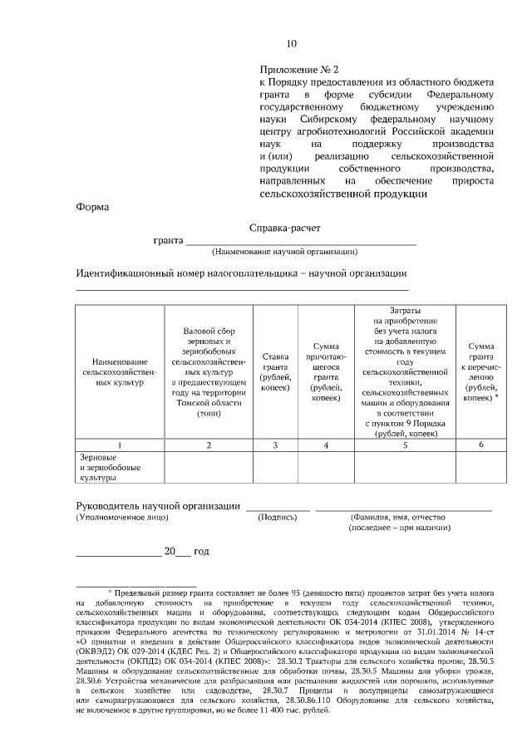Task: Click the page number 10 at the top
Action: pos(291,43)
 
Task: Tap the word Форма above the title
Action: pos(91,208)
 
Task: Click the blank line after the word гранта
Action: pos(299,243)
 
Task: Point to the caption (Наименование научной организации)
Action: pos(284,252)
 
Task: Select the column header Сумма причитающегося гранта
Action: pos(325,372)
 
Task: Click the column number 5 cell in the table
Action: pos(405,445)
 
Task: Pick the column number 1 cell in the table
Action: pos(120,445)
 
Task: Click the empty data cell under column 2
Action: pos(207,468)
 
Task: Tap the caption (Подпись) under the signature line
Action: pos(278,517)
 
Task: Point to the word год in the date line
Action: pos(202,552)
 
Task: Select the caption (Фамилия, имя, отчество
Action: pos(403,517)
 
